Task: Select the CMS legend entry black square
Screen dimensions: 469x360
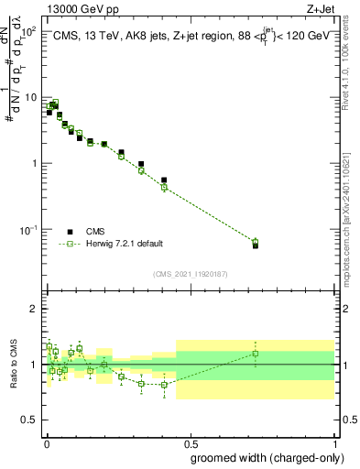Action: (70, 232)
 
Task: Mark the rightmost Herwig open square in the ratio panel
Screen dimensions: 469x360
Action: (256, 354)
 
